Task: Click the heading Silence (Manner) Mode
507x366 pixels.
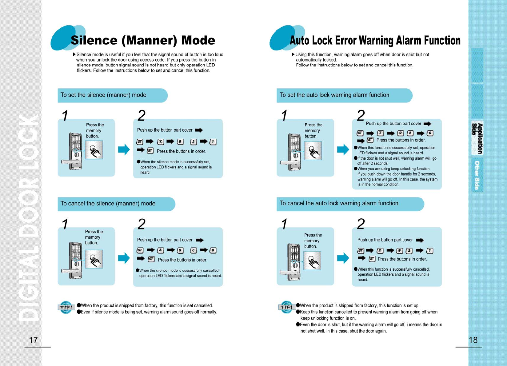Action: point(143,41)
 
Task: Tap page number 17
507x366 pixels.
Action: point(33,340)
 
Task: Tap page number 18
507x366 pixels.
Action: point(473,340)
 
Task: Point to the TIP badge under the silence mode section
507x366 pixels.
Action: point(66,307)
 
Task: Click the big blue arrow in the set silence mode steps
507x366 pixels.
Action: point(124,149)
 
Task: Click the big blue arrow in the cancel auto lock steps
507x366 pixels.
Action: point(343,258)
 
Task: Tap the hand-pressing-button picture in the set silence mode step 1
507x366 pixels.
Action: point(94,150)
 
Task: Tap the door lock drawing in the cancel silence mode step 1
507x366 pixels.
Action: point(75,260)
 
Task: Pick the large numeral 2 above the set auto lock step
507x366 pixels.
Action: point(361,116)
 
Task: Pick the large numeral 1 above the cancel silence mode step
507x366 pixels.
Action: point(65,224)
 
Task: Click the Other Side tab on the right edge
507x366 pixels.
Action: point(477,175)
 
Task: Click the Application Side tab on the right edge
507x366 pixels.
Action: point(477,138)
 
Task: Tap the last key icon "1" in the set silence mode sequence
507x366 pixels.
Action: point(213,142)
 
